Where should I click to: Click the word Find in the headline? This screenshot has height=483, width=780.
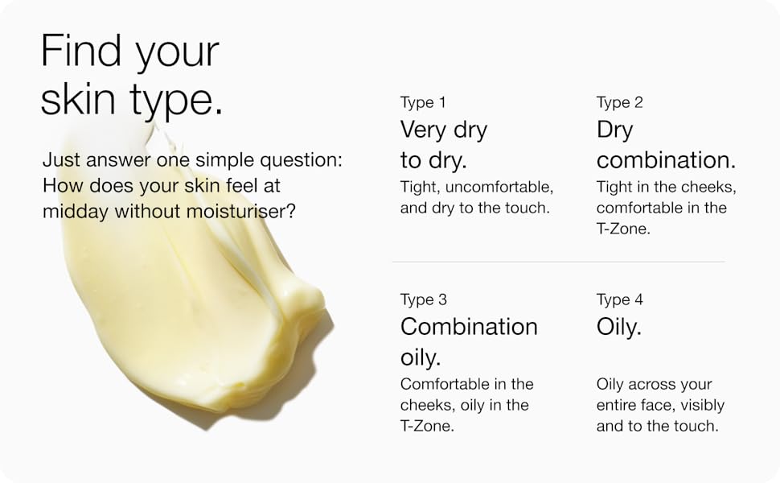pos(81,50)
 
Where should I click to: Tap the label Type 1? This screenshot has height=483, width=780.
pos(423,103)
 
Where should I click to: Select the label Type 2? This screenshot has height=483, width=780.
pos(620,103)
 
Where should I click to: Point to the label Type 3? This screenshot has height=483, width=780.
pos(423,300)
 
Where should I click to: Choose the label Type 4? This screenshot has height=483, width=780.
pos(620,300)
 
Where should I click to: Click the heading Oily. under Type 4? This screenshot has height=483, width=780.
pos(619,328)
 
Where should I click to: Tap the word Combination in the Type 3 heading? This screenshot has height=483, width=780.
pos(469,327)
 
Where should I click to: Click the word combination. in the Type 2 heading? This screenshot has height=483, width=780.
pos(666,160)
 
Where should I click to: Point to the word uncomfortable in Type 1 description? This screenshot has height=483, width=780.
pos(499,188)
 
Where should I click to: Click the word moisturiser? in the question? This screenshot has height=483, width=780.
pos(240,212)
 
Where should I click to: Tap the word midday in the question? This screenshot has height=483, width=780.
pos(76,213)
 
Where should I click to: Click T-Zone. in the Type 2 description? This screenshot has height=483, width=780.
pos(623,229)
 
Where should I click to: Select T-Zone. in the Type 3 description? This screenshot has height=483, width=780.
pos(427,426)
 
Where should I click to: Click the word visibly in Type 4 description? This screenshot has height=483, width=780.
pos(702,406)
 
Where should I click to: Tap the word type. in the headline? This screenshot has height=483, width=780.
pos(176,100)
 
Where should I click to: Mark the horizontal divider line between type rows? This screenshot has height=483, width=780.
pos(558,262)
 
